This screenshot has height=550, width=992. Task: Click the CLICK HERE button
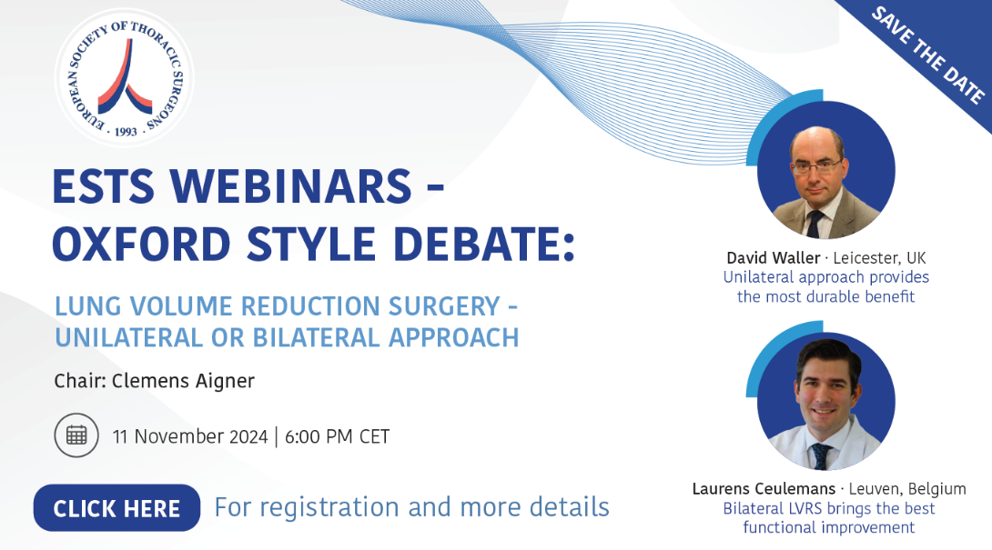point(117,507)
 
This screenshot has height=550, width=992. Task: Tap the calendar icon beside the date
point(76,435)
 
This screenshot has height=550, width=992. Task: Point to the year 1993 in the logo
point(126,132)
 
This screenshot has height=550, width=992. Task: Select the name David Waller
point(773,258)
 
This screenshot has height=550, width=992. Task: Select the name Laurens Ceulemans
point(764,489)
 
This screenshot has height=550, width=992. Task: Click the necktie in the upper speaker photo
point(815,224)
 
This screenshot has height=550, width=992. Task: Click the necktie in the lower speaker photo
point(821,456)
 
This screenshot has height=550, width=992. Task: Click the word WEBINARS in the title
point(291,186)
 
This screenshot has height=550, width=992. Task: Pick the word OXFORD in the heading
point(142,245)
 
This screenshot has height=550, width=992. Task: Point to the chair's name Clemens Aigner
point(184,381)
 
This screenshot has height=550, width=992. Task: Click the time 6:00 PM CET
point(338,436)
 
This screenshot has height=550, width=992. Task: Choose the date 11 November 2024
point(190,436)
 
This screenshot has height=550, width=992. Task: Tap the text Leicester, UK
point(879,258)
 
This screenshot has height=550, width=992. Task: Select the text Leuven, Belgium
point(907,489)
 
